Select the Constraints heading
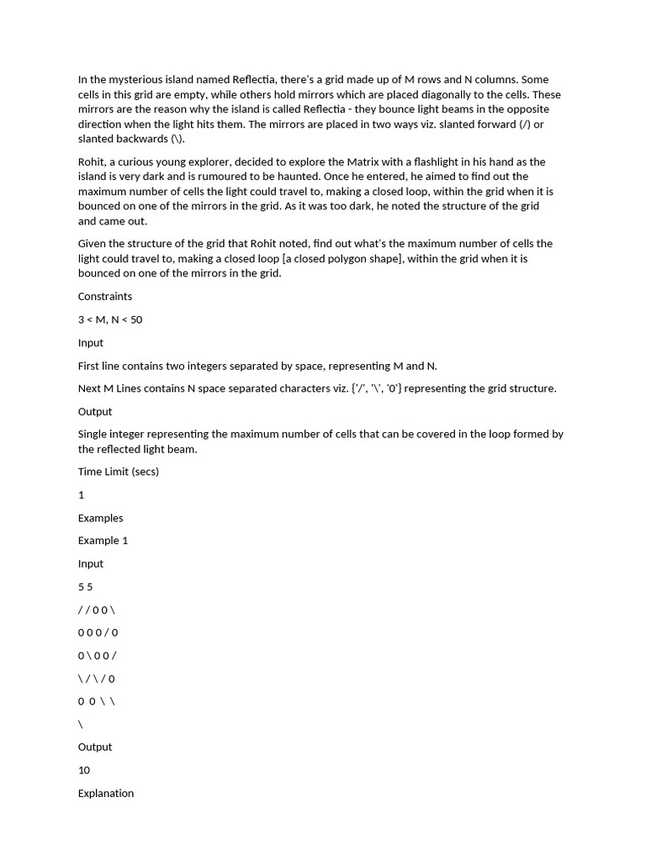tap(104, 296)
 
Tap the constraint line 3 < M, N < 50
tap(110, 320)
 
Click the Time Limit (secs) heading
tap(118, 472)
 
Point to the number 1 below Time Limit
tap(82, 495)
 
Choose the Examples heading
tap(100, 518)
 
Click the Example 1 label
tap(103, 541)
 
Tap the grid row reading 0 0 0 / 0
tap(98, 632)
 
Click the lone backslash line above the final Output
tap(81, 724)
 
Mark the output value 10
tap(83, 770)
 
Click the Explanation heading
tap(106, 793)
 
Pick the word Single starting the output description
tap(93, 434)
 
